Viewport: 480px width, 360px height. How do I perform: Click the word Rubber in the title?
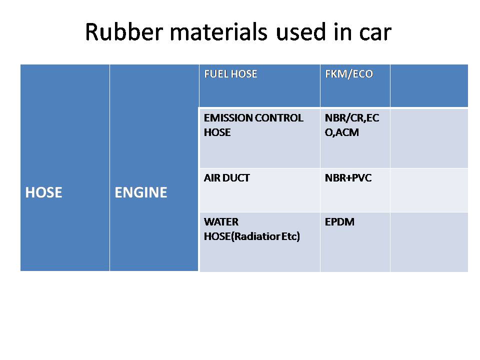pos(118,32)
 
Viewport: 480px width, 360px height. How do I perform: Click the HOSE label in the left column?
pos(43,193)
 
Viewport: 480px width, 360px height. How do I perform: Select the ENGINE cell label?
pos(141,193)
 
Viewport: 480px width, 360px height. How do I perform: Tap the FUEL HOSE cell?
pos(230,74)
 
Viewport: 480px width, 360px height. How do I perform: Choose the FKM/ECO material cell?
pos(349,74)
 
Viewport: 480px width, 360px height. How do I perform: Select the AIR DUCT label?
pos(226,178)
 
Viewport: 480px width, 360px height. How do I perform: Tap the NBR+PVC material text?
pos(348,178)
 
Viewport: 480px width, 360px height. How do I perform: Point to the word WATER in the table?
pos(221,222)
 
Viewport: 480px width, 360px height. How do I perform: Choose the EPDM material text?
pos(339,222)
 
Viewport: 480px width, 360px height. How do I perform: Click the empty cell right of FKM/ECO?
pos(429,85)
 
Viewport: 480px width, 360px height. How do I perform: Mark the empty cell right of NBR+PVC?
pos(429,190)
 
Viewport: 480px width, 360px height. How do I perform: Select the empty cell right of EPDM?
pos(429,242)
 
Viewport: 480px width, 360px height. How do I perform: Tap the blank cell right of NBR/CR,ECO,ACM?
pos(429,138)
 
